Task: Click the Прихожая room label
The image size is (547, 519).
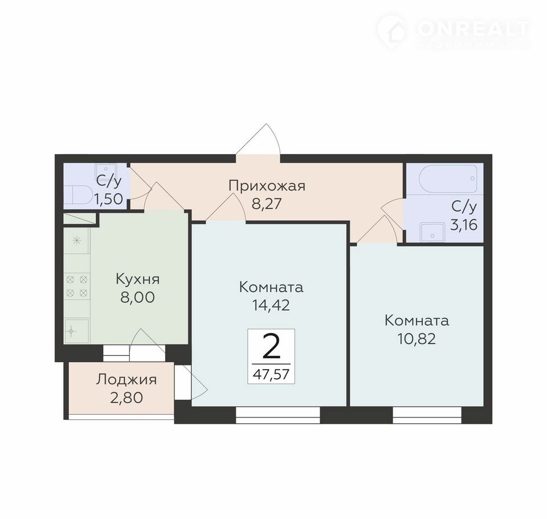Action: click(x=267, y=186)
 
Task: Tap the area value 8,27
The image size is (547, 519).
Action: click(x=267, y=204)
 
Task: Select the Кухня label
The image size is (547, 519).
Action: click(x=137, y=279)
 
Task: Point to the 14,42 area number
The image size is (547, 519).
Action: click(x=271, y=305)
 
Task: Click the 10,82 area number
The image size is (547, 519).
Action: click(x=417, y=339)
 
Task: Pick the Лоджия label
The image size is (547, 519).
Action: click(x=126, y=380)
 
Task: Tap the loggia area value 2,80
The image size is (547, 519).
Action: click(x=126, y=398)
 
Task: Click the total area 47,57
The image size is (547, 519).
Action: click(x=271, y=374)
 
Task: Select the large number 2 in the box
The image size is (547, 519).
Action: click(x=271, y=346)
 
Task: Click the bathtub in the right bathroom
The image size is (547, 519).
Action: click(x=448, y=179)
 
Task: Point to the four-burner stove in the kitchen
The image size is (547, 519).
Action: click(x=77, y=286)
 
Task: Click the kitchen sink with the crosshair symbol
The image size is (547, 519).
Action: click(x=77, y=331)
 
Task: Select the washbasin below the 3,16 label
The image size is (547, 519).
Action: click(x=432, y=232)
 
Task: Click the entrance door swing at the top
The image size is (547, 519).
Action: click(x=258, y=139)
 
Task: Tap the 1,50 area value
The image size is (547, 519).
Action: click(x=108, y=199)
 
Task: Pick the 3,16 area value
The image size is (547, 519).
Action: click(x=464, y=225)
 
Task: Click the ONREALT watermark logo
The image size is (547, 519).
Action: click(x=454, y=31)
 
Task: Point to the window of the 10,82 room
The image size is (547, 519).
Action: click(x=427, y=415)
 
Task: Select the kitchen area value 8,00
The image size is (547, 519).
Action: click(x=137, y=298)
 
